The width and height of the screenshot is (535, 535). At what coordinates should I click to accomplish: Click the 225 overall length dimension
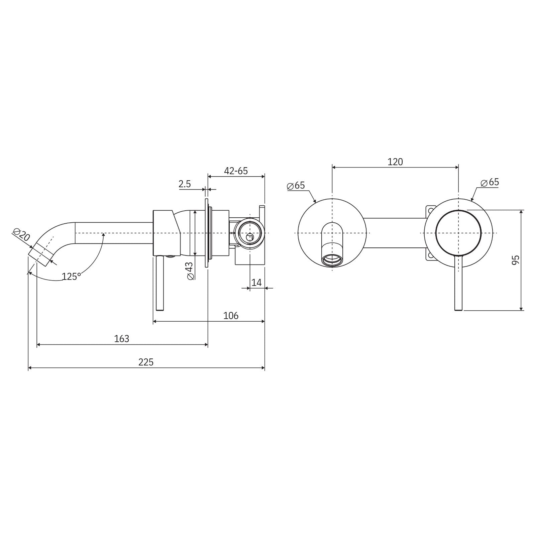[146, 362]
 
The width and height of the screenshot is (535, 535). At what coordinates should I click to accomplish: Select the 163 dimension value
[121, 339]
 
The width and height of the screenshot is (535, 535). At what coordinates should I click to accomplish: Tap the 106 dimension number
[231, 315]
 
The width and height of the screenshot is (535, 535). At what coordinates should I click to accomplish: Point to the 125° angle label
[72, 277]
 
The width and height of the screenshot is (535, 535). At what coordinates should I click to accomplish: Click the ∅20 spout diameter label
[21, 235]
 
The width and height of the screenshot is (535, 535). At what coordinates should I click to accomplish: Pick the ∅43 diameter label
[189, 271]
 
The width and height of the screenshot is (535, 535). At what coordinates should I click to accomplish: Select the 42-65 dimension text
[236, 171]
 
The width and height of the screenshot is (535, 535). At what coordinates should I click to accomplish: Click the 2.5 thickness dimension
[185, 184]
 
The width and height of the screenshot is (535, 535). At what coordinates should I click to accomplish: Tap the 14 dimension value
[256, 283]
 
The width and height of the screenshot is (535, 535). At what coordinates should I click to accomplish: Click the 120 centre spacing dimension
[395, 162]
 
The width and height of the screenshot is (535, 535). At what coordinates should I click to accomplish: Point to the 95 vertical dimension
[516, 260]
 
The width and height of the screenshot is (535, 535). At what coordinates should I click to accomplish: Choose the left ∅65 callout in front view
[296, 185]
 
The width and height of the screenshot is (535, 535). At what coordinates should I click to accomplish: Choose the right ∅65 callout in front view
[490, 182]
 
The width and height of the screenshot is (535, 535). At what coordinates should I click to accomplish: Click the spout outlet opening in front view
[332, 260]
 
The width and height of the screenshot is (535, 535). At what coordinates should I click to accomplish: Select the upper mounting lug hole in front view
[430, 211]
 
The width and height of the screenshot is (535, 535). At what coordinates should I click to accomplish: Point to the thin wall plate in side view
[206, 233]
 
